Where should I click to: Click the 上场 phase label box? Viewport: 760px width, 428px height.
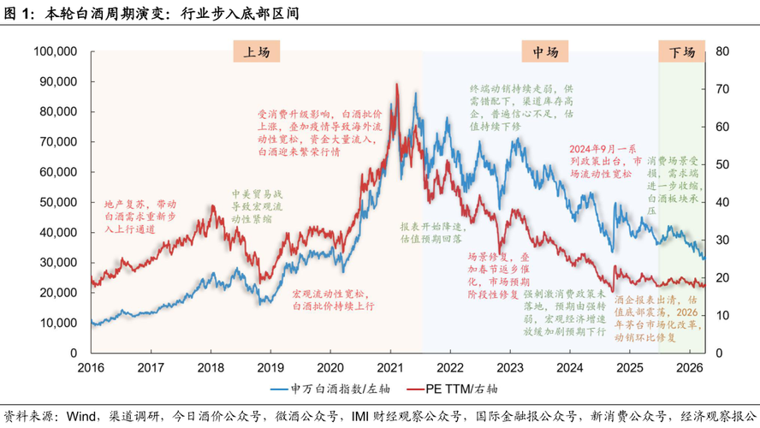(x=256, y=52)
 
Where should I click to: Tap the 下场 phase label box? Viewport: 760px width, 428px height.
(x=682, y=52)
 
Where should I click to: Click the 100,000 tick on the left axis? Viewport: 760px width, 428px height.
(x=56, y=51)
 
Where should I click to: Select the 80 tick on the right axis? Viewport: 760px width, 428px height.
(x=721, y=51)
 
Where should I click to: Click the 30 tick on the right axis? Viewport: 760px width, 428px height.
(x=721, y=240)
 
